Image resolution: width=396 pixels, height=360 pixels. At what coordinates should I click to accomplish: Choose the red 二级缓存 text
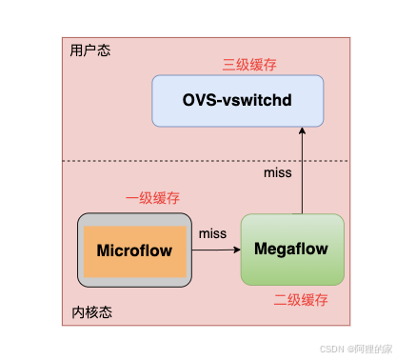300,299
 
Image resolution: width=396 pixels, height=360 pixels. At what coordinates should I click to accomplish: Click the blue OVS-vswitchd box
237,100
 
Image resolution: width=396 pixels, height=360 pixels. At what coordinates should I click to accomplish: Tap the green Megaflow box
291,249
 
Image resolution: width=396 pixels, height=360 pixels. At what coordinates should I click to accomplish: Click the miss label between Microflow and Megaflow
212,233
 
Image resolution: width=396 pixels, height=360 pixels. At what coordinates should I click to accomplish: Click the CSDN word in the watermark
329,349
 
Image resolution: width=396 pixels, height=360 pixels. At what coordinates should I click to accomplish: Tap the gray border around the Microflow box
81,251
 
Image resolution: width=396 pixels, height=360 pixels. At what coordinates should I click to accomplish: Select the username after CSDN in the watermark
366,349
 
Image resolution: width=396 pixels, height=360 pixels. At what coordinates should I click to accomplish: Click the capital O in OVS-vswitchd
188,100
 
